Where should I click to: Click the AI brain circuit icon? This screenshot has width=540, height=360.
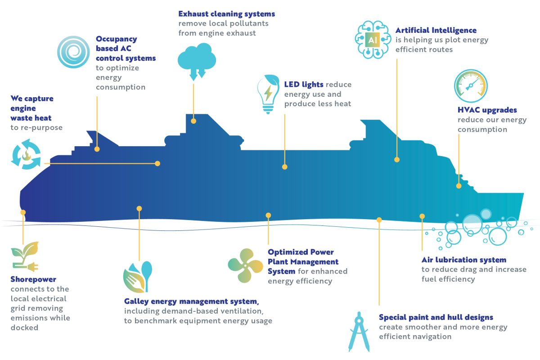pyautogui.click(x=372, y=40)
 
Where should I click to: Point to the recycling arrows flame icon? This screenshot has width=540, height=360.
pyautogui.click(x=26, y=154)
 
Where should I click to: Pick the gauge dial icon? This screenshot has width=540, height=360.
pyautogui.click(x=470, y=86)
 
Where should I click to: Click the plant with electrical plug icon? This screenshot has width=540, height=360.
pyautogui.click(x=25, y=258)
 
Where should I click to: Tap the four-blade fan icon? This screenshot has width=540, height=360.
pyautogui.click(x=245, y=265)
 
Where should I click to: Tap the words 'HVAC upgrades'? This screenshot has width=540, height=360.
pyautogui.click(x=487, y=110)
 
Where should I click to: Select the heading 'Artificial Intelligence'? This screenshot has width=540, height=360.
pyautogui.click(x=436, y=30)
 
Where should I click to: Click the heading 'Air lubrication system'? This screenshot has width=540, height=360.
pyautogui.click(x=464, y=260)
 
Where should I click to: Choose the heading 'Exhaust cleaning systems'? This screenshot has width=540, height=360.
pyautogui.click(x=226, y=13)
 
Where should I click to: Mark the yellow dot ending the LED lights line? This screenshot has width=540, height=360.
pyautogui.click(x=284, y=166)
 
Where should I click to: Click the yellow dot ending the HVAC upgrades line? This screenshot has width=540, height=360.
pyautogui.click(x=459, y=185)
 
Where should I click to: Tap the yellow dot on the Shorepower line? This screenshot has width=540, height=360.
pyautogui.click(x=23, y=212)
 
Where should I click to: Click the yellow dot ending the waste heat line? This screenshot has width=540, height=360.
pyautogui.click(x=157, y=163)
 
